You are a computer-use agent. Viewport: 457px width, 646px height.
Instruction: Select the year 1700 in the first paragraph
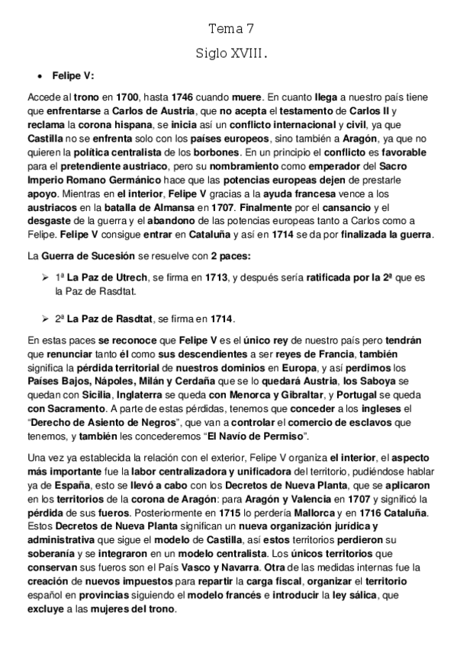[x=105, y=98]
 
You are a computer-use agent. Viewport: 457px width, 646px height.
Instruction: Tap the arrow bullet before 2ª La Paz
[x=44, y=318]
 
